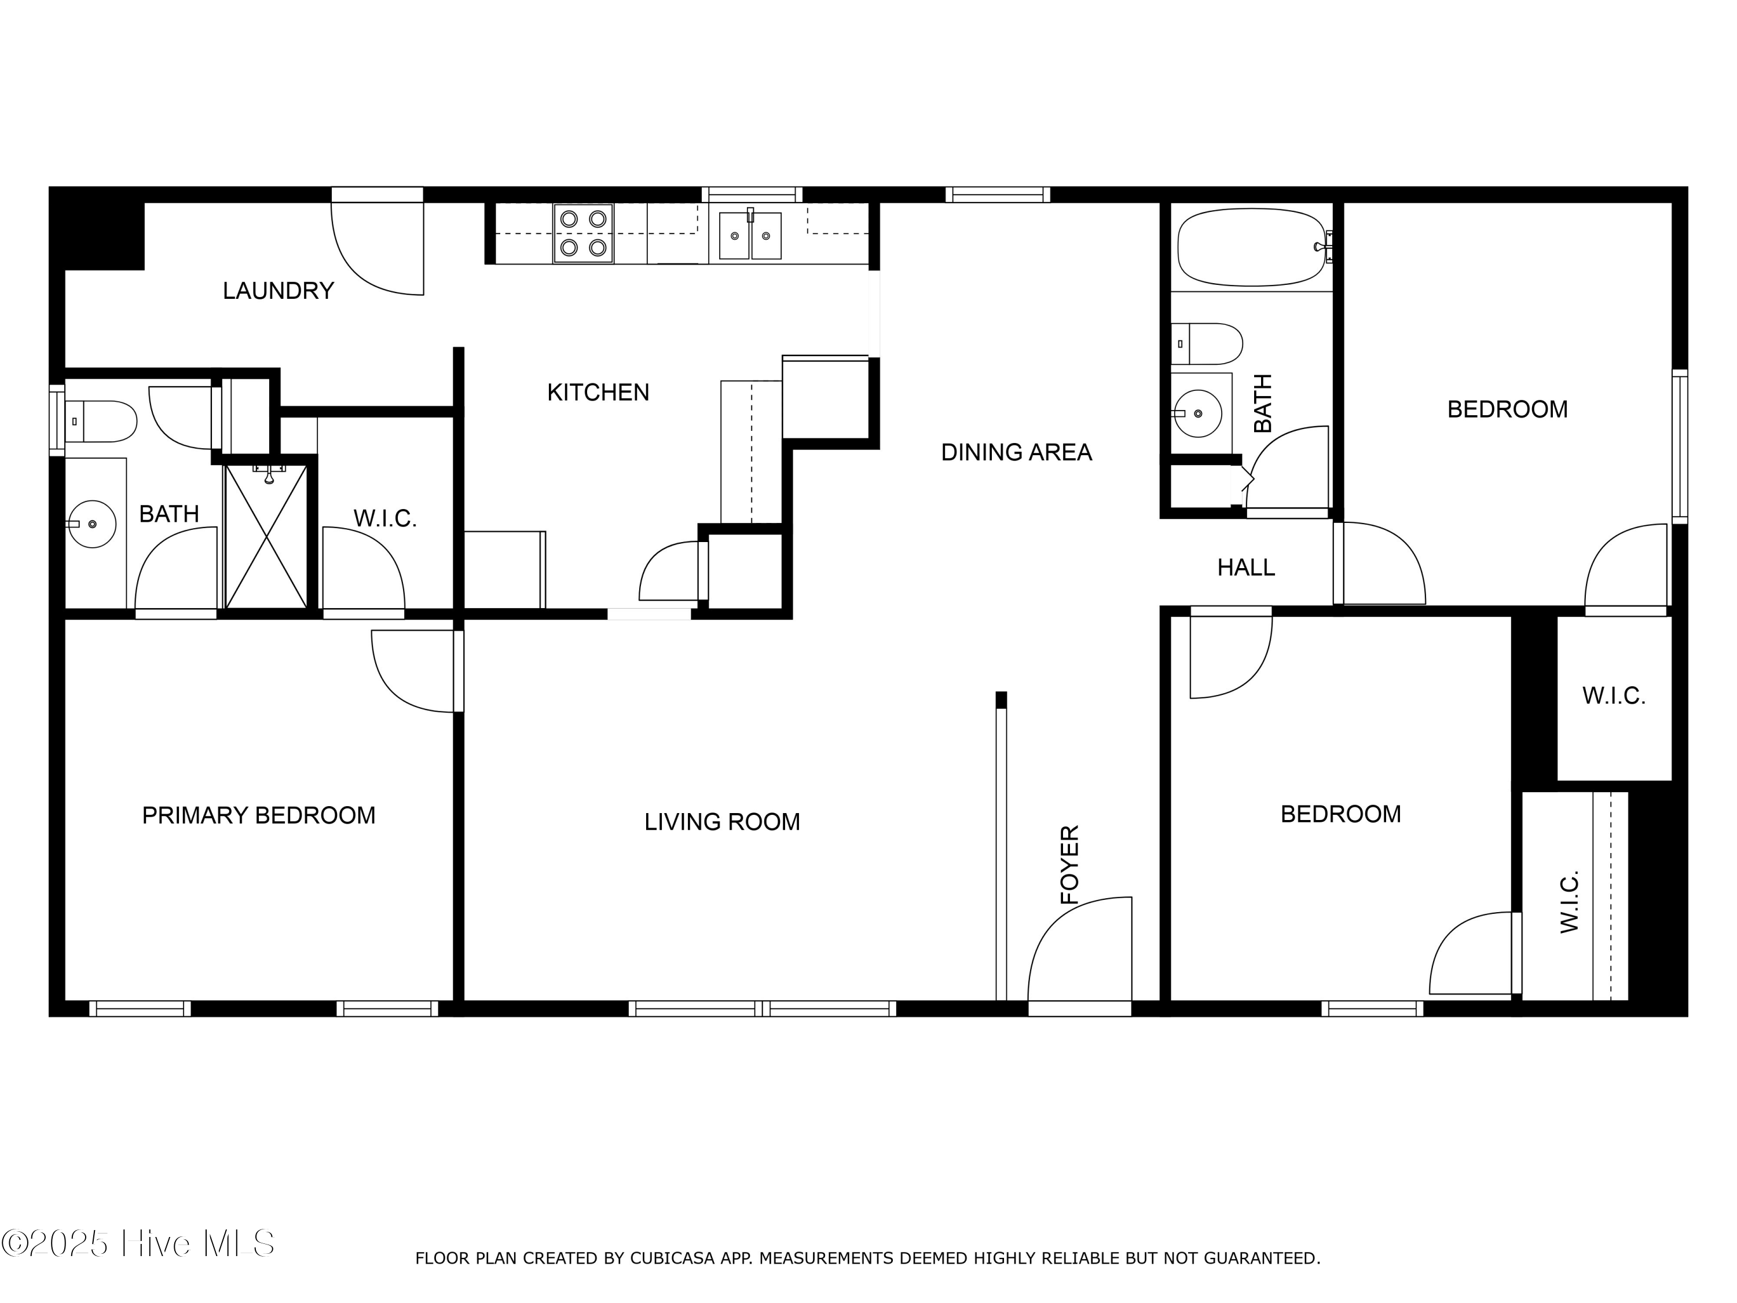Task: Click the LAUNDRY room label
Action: (x=278, y=291)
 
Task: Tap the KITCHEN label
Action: (x=598, y=392)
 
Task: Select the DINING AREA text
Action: (x=1016, y=452)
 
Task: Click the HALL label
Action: (x=1245, y=567)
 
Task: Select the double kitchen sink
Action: (x=750, y=234)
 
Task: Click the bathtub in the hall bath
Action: (x=1254, y=247)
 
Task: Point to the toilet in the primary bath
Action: (x=101, y=422)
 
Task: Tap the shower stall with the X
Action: (x=266, y=536)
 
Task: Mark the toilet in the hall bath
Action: (x=1207, y=343)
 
